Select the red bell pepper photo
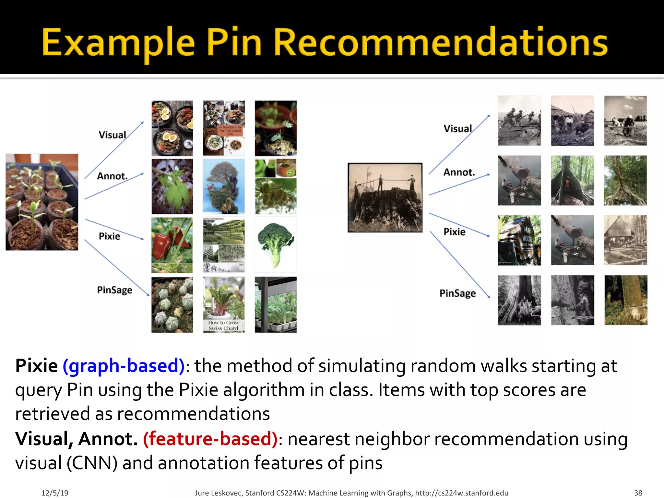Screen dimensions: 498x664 (172, 245)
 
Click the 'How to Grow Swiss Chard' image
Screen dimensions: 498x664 (224, 305)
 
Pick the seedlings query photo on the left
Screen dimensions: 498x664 (42, 202)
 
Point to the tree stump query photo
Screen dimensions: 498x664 (385, 197)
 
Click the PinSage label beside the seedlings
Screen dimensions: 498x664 (114, 290)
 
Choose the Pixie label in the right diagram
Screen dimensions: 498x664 (454, 232)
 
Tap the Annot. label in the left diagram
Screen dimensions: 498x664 (112, 176)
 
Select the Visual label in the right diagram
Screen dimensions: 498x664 (457, 129)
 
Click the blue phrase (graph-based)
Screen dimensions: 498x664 (124, 366)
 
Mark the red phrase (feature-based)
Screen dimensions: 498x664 (210, 439)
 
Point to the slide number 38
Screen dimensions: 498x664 (638, 493)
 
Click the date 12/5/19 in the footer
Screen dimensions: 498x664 (55, 493)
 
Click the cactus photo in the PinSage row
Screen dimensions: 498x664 (172, 305)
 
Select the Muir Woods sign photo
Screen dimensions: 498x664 (519, 240)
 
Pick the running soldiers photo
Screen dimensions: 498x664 (519, 121)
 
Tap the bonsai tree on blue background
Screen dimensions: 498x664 (224, 186)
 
